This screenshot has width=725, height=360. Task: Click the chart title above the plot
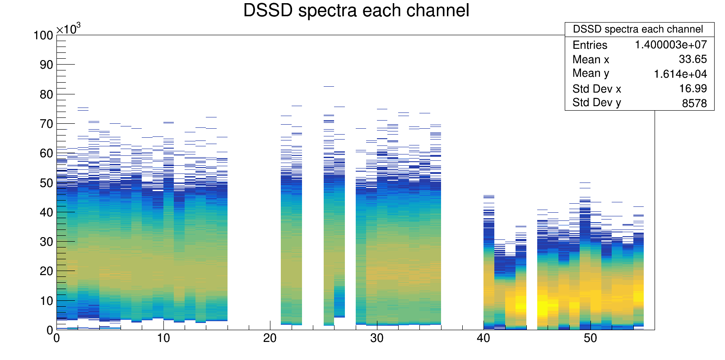(x=356, y=10)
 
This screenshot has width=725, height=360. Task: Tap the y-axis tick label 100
(x=43, y=35)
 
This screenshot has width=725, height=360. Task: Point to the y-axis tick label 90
(x=46, y=65)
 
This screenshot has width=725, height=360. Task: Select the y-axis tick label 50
(x=46, y=183)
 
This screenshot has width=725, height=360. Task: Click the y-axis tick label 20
(x=46, y=271)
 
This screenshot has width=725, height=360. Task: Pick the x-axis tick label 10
(x=163, y=338)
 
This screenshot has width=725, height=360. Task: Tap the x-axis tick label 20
(x=270, y=338)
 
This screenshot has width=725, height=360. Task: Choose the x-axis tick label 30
(x=376, y=338)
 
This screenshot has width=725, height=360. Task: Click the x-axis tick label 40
(x=483, y=338)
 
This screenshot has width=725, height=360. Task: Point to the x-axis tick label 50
(x=590, y=338)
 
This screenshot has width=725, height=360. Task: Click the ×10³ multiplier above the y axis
(x=69, y=28)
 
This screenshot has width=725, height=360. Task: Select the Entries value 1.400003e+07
(x=671, y=45)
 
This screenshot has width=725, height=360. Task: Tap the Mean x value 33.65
(x=692, y=59)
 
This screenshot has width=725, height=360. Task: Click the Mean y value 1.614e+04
(x=680, y=74)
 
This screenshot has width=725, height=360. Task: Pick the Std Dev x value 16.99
(x=692, y=89)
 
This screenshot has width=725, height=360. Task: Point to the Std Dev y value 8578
(x=694, y=103)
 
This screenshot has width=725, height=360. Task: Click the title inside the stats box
(x=638, y=29)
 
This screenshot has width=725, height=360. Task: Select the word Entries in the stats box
(x=590, y=45)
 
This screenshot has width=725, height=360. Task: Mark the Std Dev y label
(x=596, y=103)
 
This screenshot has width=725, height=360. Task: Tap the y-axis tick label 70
(x=46, y=124)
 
